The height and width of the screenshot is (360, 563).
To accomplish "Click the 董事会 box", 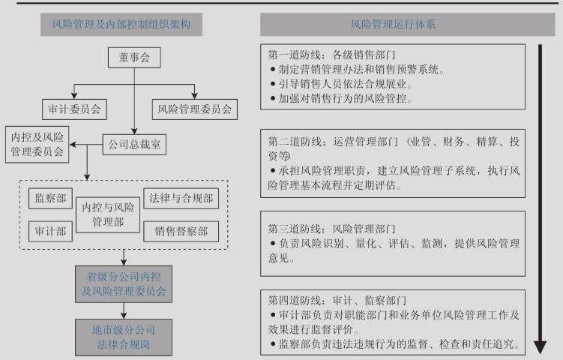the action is tap(134, 57).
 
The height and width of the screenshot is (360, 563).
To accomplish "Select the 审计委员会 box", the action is tap(73, 109).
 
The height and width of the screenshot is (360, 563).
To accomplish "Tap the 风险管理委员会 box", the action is tap(195, 109).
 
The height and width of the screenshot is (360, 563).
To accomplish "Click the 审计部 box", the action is tap(50, 232).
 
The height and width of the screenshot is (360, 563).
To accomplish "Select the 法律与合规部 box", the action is tap(181, 199).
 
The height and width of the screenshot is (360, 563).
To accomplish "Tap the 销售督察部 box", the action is tap(181, 232).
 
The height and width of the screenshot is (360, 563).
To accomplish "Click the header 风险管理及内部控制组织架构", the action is tap(121, 24).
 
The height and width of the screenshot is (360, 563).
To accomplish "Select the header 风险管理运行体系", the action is tap(405, 24).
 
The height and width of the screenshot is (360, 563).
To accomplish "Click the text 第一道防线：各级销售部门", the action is tap(332, 55).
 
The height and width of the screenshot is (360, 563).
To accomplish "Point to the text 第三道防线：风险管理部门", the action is tap(332, 228).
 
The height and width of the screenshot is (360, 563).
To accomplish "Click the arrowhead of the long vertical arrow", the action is tap(540, 347).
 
